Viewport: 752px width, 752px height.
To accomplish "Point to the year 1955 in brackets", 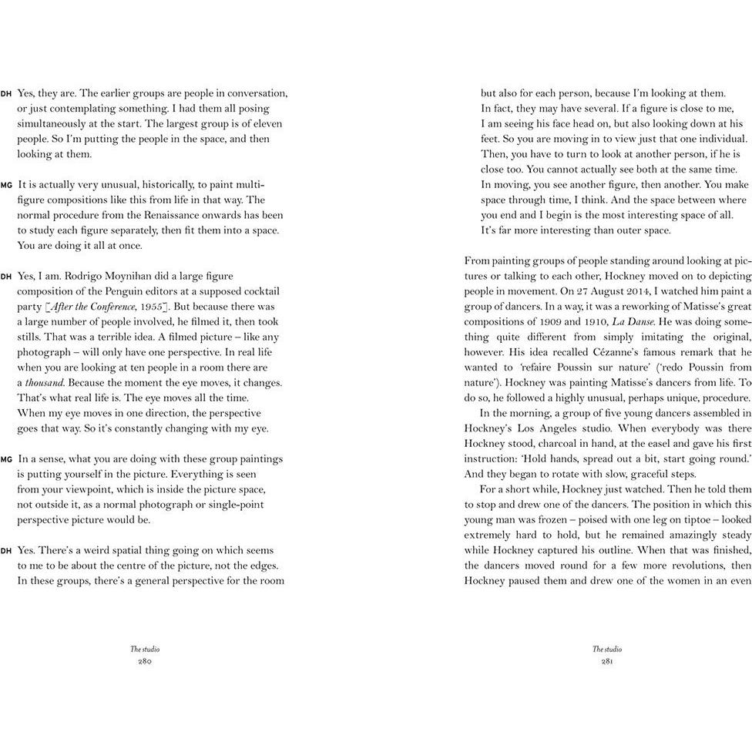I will tap(148, 307).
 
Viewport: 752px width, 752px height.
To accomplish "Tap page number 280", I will tap(145, 661).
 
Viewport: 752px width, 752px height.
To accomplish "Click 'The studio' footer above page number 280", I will tap(145, 650).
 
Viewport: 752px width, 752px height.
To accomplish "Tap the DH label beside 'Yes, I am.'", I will tap(6, 277).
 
